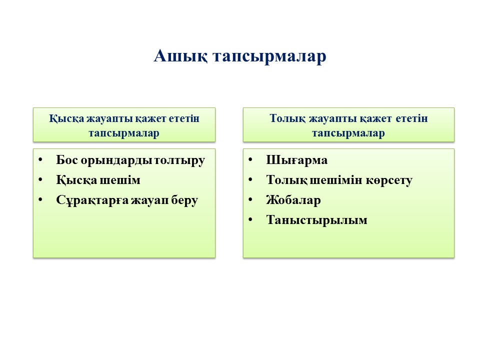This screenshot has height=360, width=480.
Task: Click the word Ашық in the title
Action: coord(180,56)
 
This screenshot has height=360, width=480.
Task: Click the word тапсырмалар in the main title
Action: coord(269,57)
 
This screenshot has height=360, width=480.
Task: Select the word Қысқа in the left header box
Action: coord(66,119)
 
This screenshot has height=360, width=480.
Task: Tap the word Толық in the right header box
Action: coord(287,119)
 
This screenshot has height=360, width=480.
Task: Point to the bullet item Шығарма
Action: coord(296,160)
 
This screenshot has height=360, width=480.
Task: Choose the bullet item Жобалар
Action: coord(293,200)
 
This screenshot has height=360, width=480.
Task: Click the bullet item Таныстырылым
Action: coord(316,220)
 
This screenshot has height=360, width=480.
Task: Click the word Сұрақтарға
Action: coord(92,200)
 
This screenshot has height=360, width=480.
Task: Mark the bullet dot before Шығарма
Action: coord(250,159)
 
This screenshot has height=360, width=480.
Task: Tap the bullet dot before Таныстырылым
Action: coord(250,219)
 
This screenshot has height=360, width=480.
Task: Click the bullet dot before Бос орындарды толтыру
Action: coord(40,159)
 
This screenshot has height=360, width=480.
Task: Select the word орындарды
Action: coord(117,160)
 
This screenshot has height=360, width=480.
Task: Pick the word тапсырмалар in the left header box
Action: coord(124,133)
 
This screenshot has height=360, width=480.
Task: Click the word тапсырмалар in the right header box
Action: coord(348,133)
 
